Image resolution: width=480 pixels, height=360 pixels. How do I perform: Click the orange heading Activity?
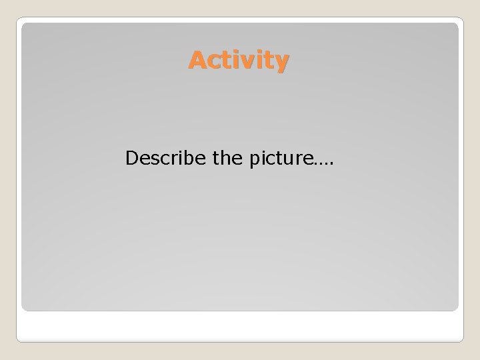point(239,61)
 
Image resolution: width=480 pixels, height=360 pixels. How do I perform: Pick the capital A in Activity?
point(196,61)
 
